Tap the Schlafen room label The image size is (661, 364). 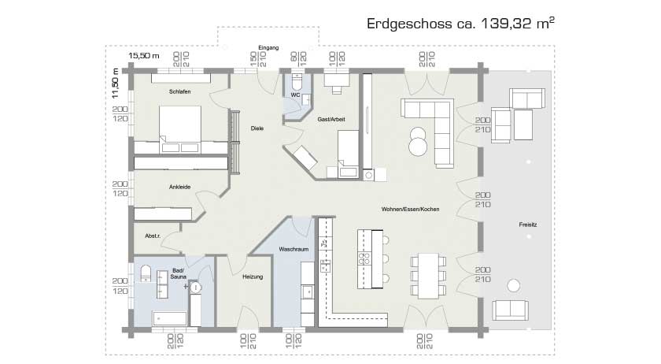[179, 92]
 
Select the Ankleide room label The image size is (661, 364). [179, 187]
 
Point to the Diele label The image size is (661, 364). [257, 128]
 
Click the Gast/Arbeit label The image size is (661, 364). [331, 119]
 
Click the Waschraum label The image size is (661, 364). [293, 249]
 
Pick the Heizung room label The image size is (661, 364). [252, 277]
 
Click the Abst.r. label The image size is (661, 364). [153, 236]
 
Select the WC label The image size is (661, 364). [295, 95]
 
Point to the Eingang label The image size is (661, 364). [268, 48]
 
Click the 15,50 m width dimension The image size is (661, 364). [144, 57]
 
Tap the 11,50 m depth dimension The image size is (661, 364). [115, 82]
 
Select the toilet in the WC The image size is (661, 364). [297, 82]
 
